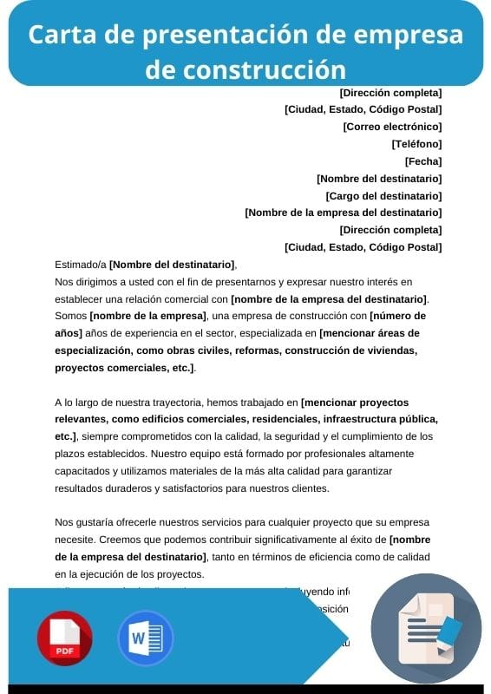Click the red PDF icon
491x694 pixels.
pos(64,638)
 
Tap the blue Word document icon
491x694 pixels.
pos(145,638)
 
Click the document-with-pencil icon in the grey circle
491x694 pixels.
pos(426,628)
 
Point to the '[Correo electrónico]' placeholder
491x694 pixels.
pos(392,127)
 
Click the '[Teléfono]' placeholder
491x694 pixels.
pos(416,144)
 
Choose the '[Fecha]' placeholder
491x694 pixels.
pos(423,161)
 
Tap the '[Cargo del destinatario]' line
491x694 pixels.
pos(383,196)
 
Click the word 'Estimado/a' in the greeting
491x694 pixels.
pos(81,265)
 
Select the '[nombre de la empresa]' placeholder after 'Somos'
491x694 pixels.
pos(148,316)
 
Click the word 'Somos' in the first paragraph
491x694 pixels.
pos(70,316)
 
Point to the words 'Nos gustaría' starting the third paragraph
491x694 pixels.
pos(86,522)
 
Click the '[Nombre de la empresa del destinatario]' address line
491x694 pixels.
pos(344,213)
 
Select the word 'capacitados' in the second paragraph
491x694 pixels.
pos(83,470)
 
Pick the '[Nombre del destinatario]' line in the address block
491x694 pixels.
pos(379,179)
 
